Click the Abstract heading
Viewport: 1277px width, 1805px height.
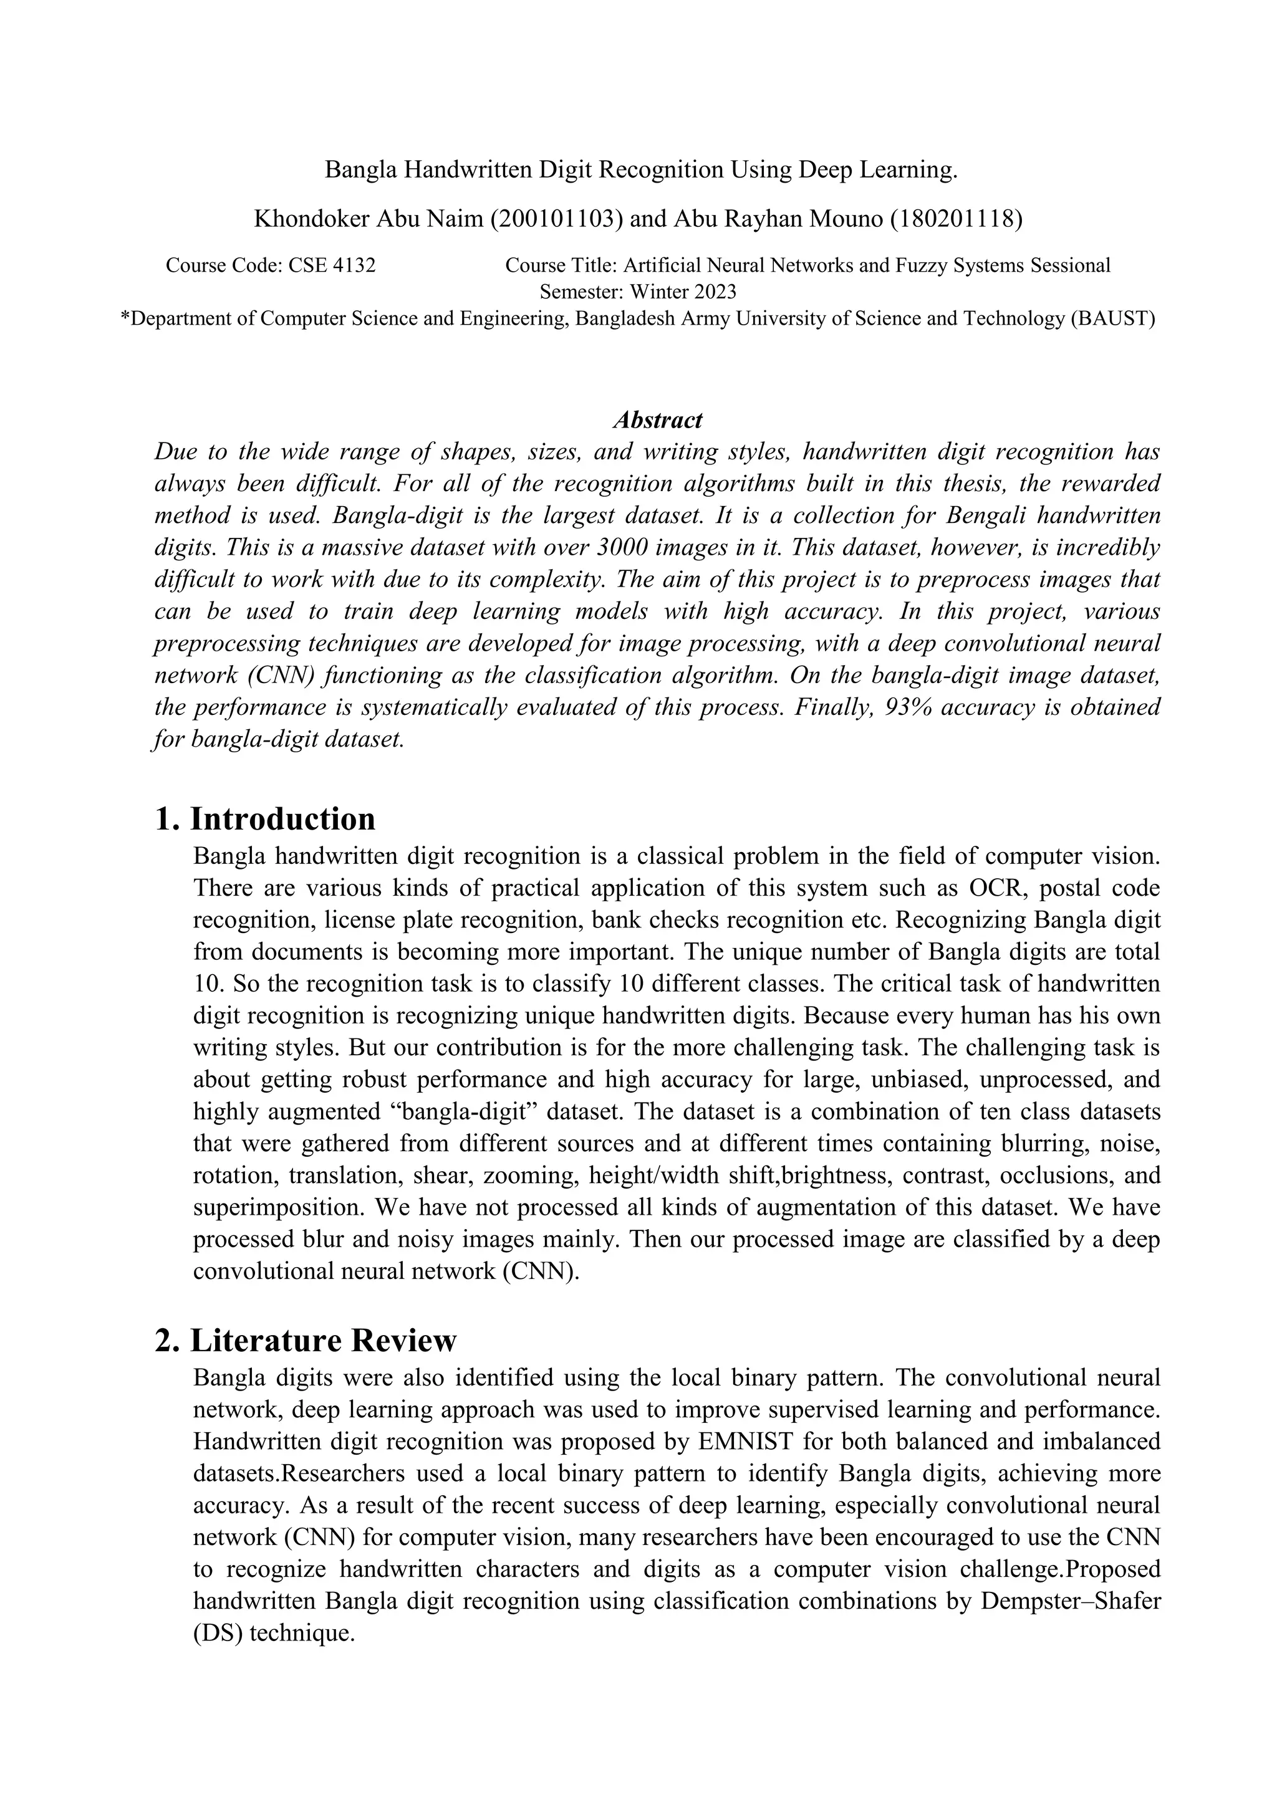pyautogui.click(x=657, y=420)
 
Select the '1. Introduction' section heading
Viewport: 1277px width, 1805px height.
pyautogui.click(x=265, y=818)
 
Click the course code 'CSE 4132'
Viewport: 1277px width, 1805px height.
pyautogui.click(x=332, y=266)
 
